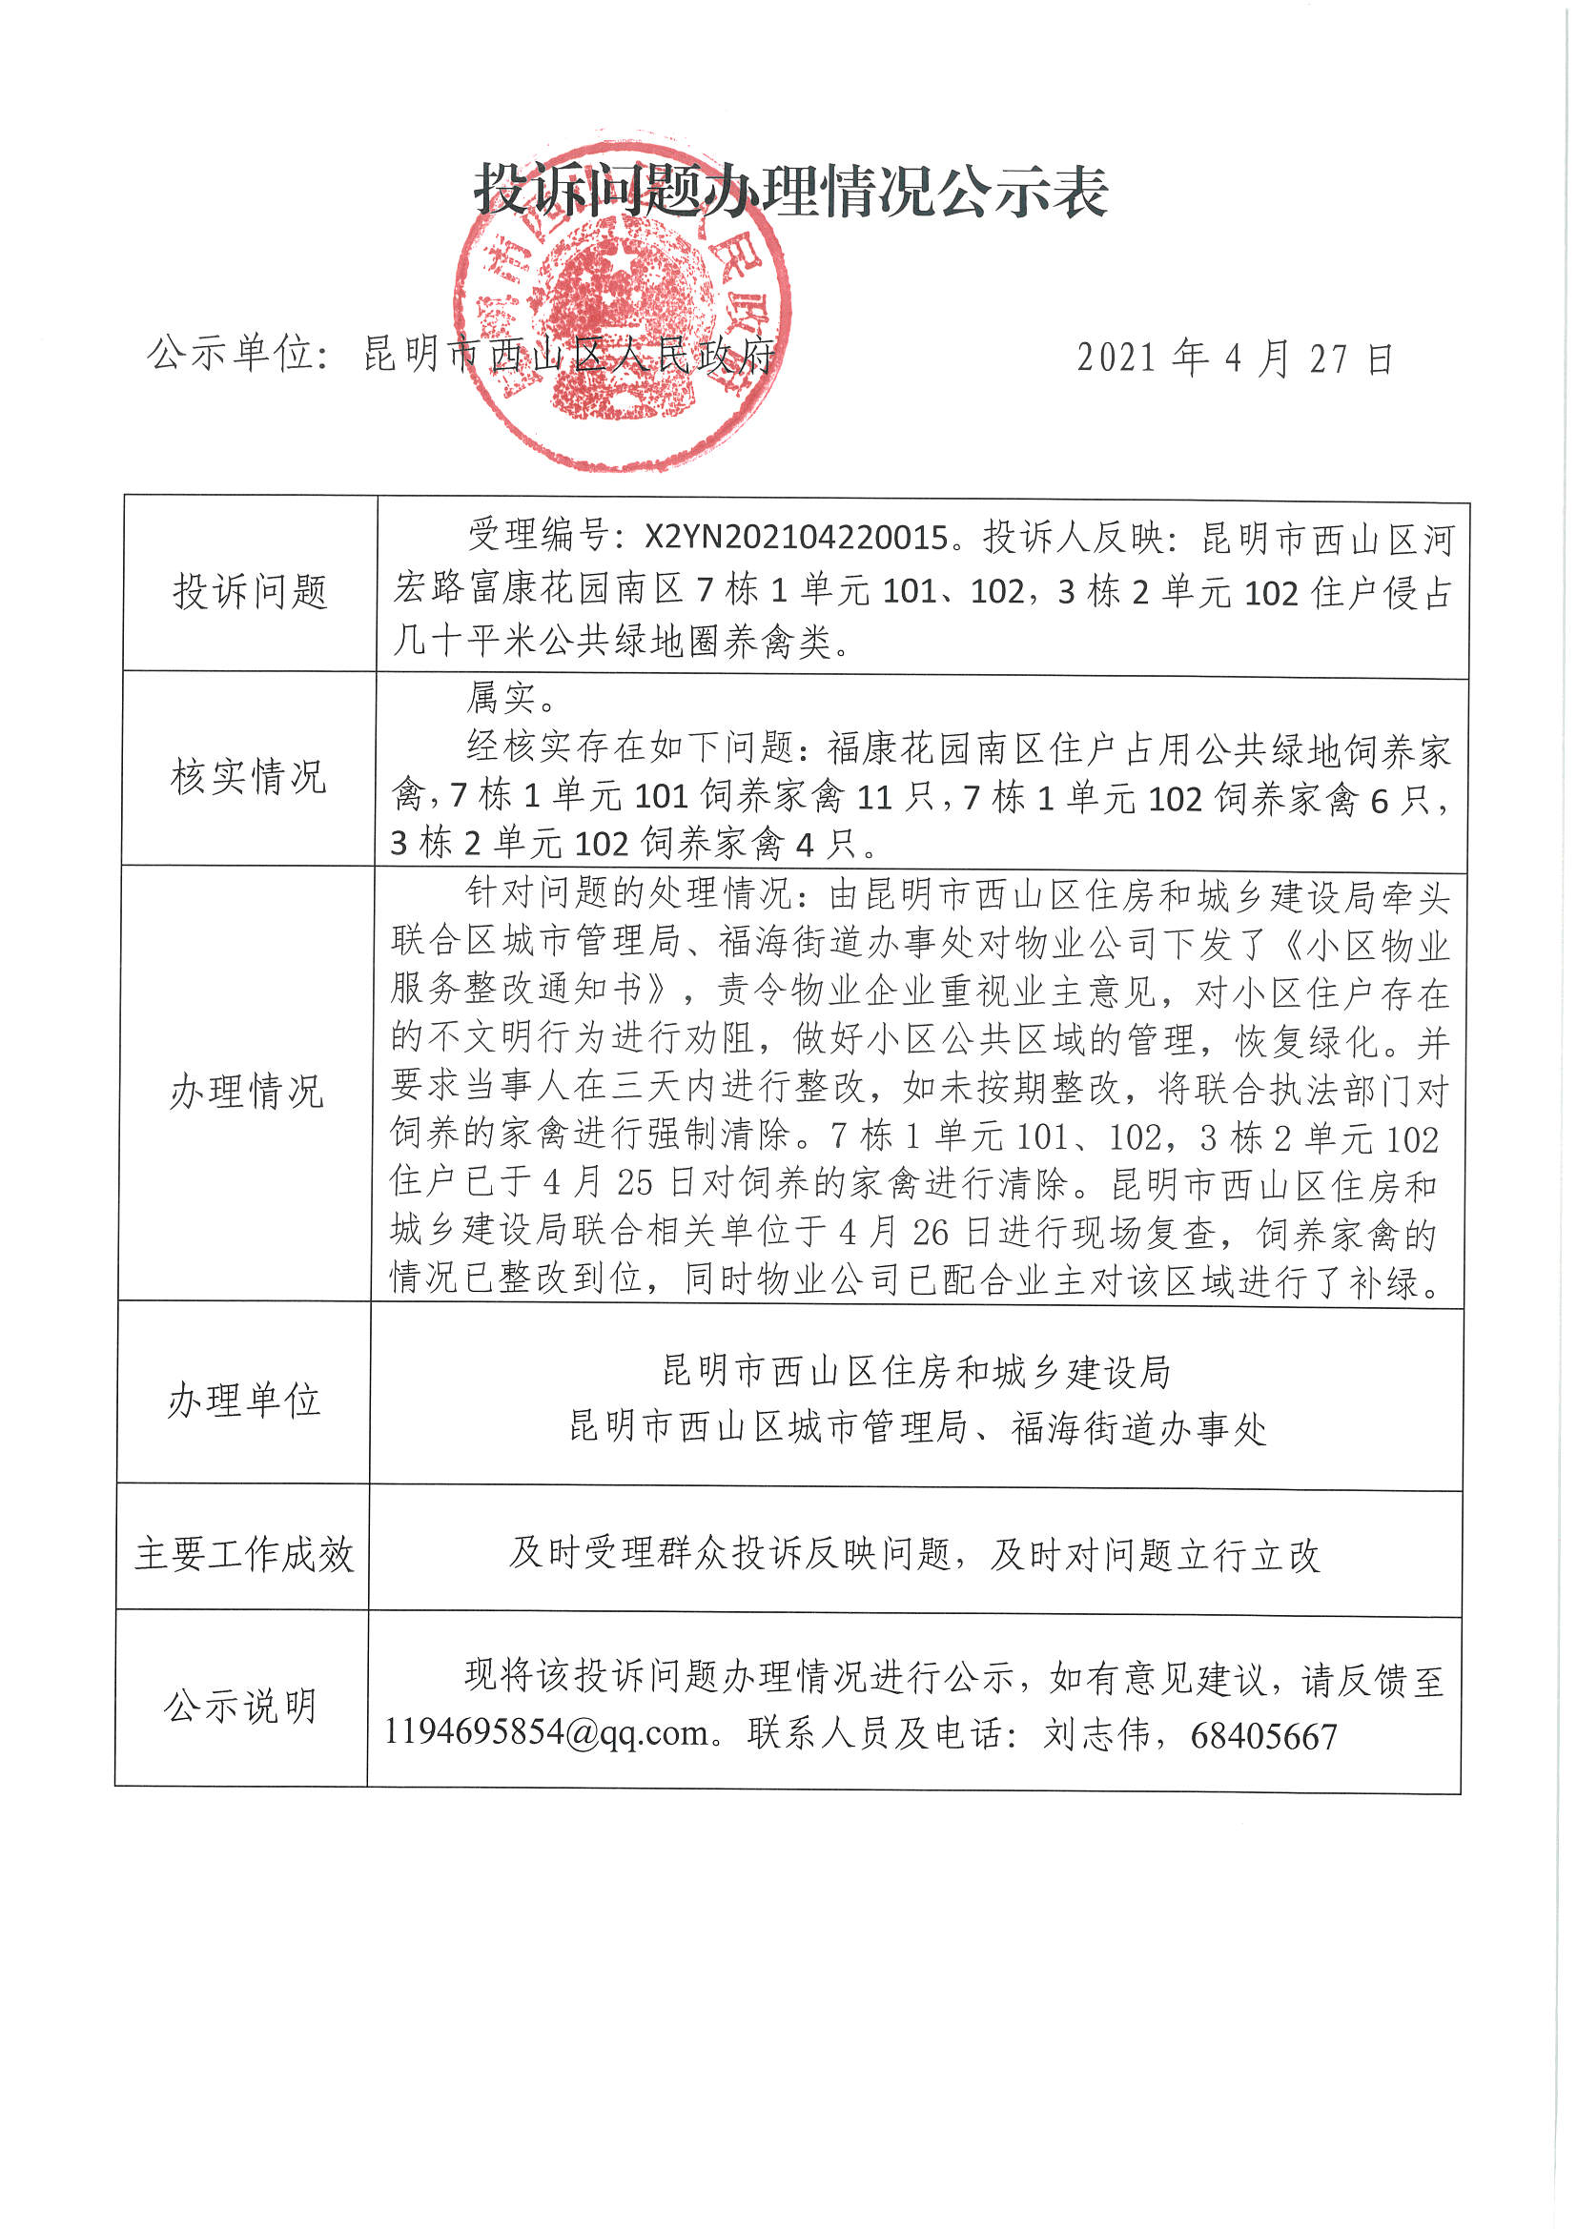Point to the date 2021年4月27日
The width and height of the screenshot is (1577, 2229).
pyautogui.click(x=1235, y=359)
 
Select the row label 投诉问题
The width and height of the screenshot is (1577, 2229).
pyautogui.click(x=250, y=590)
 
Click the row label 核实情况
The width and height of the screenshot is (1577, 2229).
pyautogui.click(x=249, y=777)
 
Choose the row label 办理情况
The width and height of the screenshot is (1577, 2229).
pyautogui.click(x=247, y=1092)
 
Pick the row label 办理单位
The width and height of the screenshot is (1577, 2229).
pyautogui.click(x=244, y=1400)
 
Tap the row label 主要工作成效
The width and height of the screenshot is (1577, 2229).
pyautogui.click(x=244, y=1554)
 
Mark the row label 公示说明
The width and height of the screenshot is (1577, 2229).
pyautogui.click(x=241, y=1706)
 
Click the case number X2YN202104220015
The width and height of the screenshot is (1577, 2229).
pyautogui.click(x=796, y=538)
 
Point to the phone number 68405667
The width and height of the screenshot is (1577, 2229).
pyautogui.click(x=1263, y=1736)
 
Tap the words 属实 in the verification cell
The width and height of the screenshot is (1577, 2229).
pyautogui.click(x=502, y=697)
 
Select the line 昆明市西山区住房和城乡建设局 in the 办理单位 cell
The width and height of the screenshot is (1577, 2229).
pyautogui.click(x=915, y=1371)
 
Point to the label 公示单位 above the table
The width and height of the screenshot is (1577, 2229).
pyautogui.click(x=230, y=354)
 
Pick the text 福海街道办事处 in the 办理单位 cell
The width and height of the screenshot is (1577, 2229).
pyautogui.click(x=1138, y=1428)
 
